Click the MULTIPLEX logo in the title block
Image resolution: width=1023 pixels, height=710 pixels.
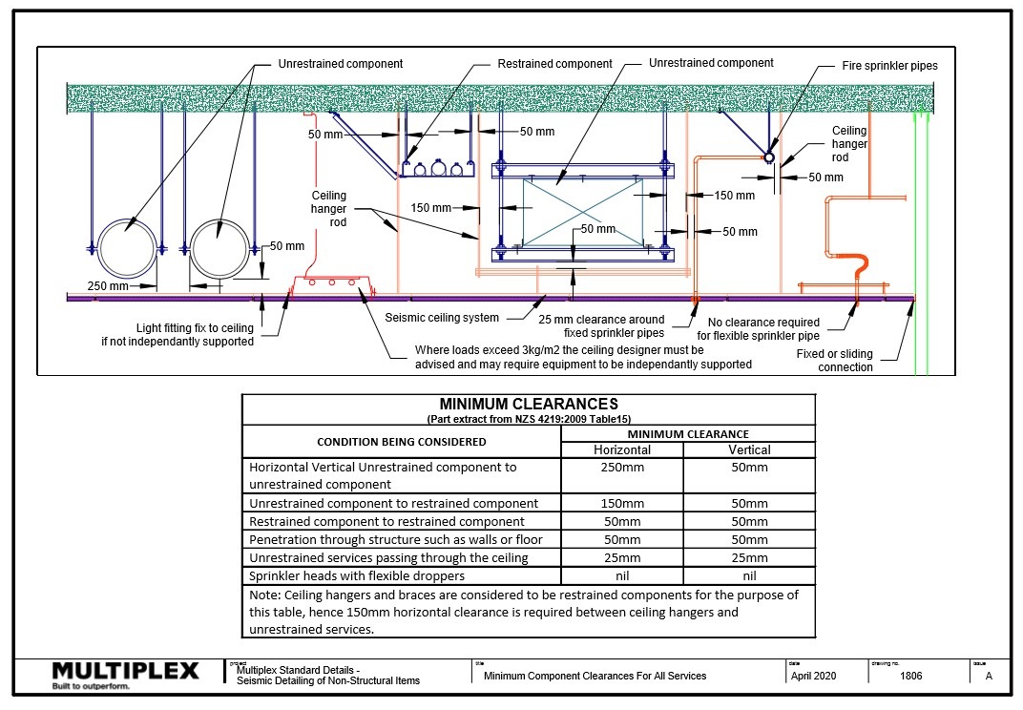click(125, 673)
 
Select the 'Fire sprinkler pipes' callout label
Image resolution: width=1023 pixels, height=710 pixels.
click(889, 66)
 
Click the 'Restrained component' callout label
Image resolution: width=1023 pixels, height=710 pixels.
click(554, 64)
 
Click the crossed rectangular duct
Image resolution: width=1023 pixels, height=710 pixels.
click(582, 213)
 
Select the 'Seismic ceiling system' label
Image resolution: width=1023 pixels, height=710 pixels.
click(441, 318)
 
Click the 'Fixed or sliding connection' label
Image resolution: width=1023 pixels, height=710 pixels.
click(834, 361)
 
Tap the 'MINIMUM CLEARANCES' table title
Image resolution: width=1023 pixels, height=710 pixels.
click(528, 404)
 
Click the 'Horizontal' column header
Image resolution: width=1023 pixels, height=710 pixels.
click(622, 449)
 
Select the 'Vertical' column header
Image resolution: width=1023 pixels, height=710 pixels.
click(749, 449)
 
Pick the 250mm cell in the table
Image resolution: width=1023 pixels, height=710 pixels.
click(622, 468)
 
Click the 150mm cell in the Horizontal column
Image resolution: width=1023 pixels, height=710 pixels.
click(622, 503)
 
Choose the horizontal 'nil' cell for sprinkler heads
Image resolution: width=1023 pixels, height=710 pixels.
click(622, 575)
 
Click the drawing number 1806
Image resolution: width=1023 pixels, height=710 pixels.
click(910, 676)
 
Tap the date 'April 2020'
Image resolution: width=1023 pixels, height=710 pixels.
click(813, 676)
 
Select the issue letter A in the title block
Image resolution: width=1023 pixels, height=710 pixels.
click(988, 676)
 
